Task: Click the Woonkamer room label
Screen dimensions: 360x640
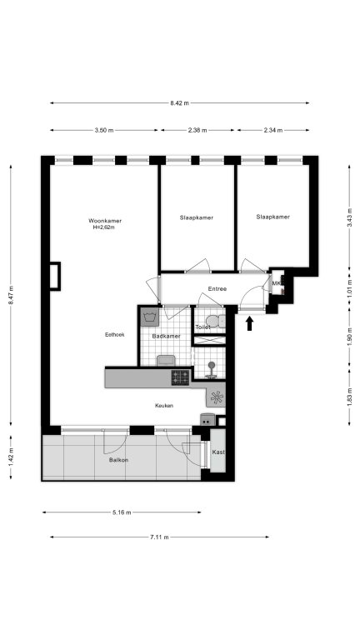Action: pos(105,221)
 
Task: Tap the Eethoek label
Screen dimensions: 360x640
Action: pos(115,335)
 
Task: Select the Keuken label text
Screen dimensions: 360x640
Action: pos(164,406)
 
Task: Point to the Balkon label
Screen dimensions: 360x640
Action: pos(119,460)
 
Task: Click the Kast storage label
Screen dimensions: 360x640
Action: pos(218,452)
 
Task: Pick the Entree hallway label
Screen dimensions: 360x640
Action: pos(217,289)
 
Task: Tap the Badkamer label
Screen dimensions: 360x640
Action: pos(166,337)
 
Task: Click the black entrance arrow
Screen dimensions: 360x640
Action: pos(250,324)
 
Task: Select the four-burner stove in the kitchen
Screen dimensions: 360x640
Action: pos(180,377)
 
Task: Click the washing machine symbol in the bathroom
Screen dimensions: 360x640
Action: pos(150,317)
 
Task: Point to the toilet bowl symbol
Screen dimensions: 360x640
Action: pos(215,321)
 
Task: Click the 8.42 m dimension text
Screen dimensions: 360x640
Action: pos(180,103)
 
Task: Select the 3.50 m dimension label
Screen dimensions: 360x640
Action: pos(103,131)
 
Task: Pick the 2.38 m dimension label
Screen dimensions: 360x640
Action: pos(197,131)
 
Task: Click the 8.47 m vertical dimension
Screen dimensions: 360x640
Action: pos(11,294)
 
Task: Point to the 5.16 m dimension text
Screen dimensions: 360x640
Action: pos(122,512)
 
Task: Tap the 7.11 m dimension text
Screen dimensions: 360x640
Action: pos(159,537)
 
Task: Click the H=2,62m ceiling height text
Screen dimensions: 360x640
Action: pos(104,227)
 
